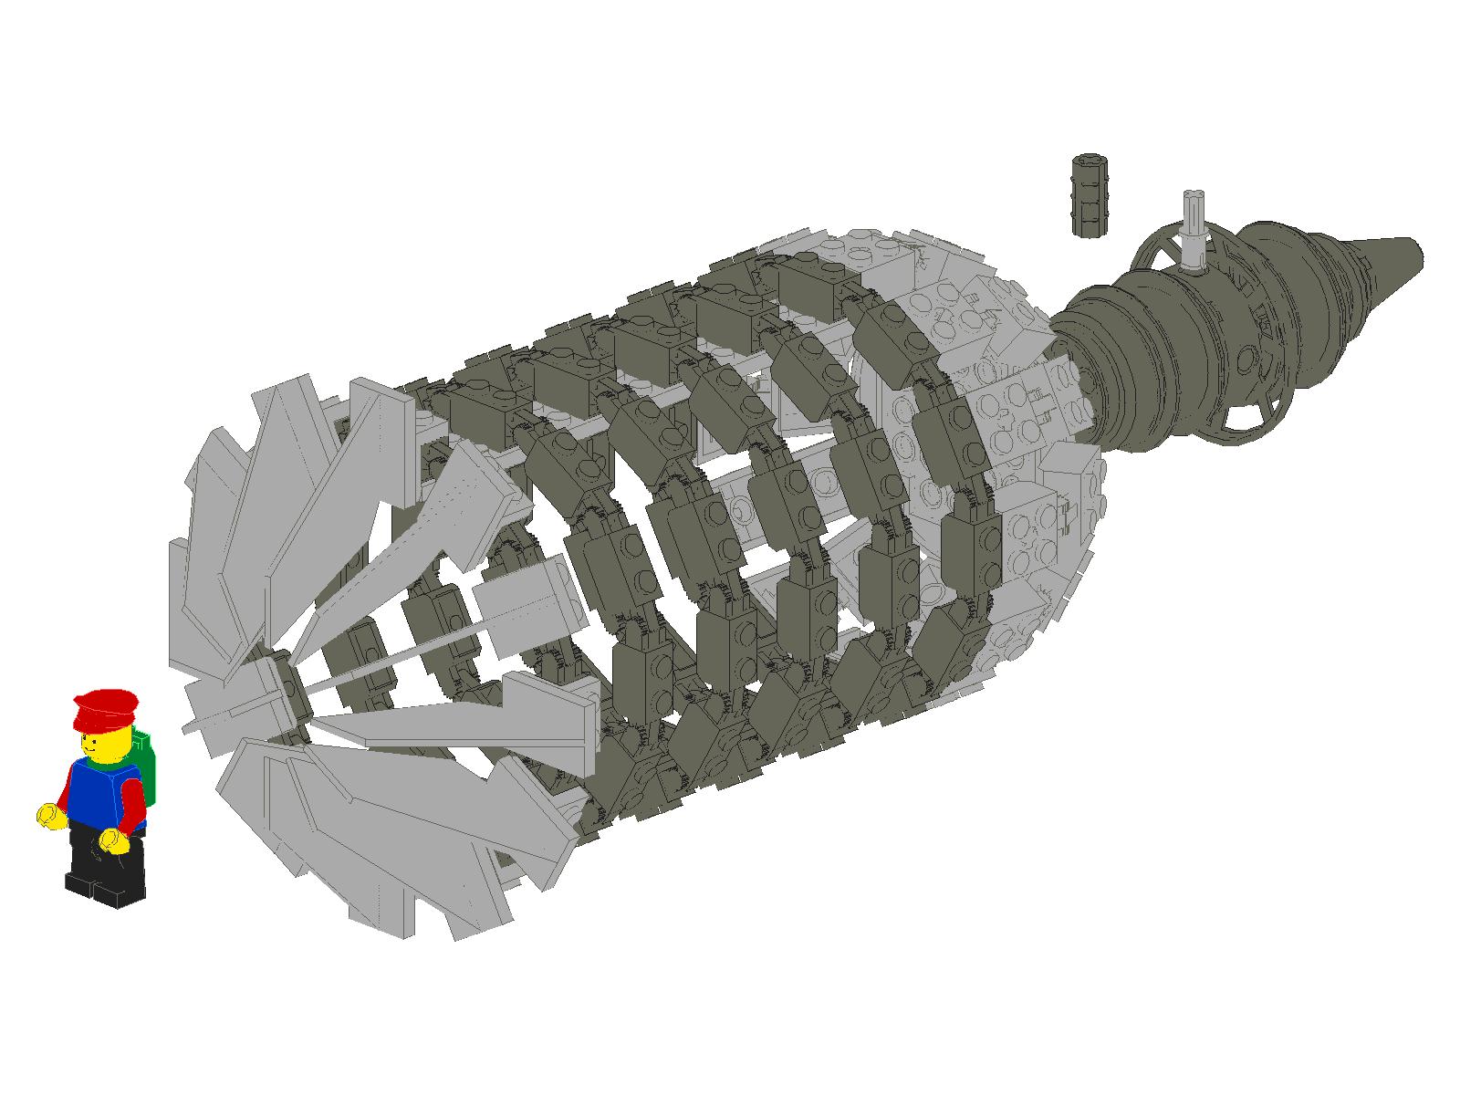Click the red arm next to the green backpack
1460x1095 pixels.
pos(133,803)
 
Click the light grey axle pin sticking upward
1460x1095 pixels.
pos(1191,228)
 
